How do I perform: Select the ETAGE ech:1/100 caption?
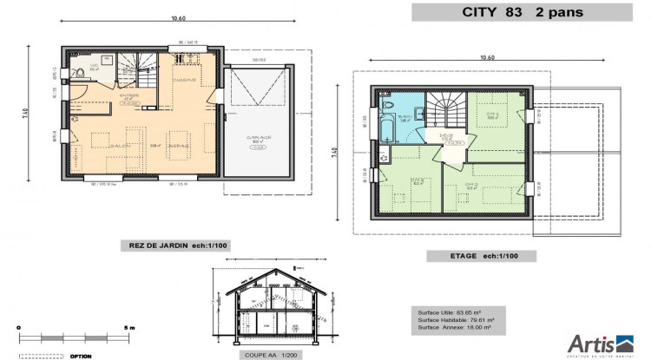480,256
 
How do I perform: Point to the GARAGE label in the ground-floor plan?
259,137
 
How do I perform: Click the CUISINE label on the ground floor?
183,80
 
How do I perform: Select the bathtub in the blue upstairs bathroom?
386,128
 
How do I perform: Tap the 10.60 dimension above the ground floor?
178,17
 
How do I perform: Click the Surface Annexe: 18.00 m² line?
454,328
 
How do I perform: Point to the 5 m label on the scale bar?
129,327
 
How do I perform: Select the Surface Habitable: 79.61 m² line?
454,320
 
